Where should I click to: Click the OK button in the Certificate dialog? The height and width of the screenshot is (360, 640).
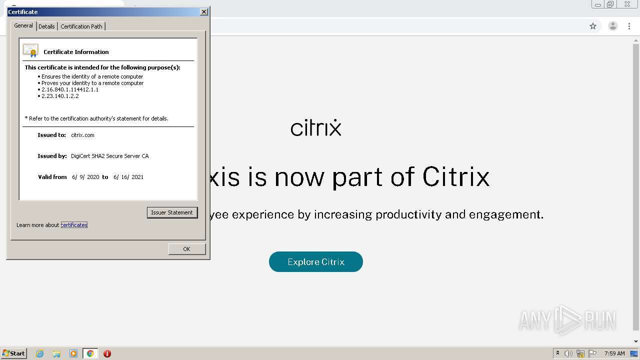tap(187, 249)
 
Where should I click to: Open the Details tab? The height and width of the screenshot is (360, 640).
tap(46, 26)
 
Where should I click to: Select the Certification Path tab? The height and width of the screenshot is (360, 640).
tap(81, 26)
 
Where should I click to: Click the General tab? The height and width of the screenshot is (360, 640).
tap(23, 25)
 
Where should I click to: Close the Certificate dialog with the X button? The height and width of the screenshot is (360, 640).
tap(203, 11)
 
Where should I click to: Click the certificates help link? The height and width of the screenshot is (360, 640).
tap(74, 225)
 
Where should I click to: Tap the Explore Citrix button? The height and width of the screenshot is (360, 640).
tap(315, 261)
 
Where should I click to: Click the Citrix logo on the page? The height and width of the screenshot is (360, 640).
tap(315, 127)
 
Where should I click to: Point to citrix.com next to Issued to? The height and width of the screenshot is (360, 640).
tap(82, 135)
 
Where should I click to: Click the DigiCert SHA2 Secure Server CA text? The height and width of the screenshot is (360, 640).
tap(109, 156)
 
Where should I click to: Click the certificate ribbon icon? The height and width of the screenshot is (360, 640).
tap(30, 50)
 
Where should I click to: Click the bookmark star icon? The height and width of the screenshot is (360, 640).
tap(593, 26)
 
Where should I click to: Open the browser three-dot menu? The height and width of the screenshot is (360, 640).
tap(629, 26)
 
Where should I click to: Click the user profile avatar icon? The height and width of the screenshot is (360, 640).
tap(612, 26)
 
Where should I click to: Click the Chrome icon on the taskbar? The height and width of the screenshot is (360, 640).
tap(90, 353)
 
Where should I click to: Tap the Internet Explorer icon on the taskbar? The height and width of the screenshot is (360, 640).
tap(40, 353)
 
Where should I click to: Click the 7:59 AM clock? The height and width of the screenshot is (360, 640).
tap(614, 353)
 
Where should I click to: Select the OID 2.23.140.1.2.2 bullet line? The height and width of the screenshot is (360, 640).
tap(58, 96)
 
